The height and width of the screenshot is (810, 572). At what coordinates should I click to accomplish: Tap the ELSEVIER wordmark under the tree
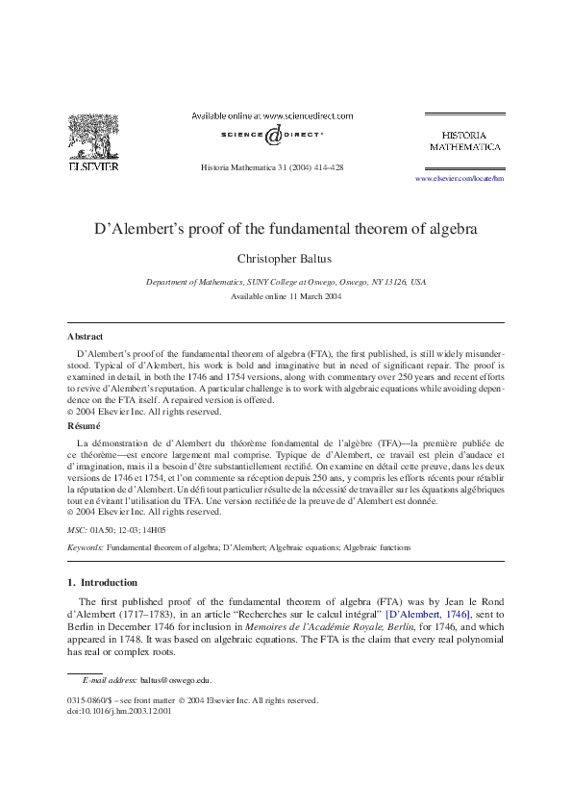(x=92, y=165)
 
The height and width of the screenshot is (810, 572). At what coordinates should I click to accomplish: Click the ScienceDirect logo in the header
(x=272, y=136)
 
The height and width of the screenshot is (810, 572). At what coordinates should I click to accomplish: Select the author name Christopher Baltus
(x=286, y=260)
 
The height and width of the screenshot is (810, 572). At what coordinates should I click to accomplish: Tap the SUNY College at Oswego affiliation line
(x=286, y=283)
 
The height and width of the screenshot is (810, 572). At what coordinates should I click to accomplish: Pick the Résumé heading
(x=85, y=424)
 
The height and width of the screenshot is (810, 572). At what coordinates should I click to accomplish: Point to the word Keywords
(x=85, y=547)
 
